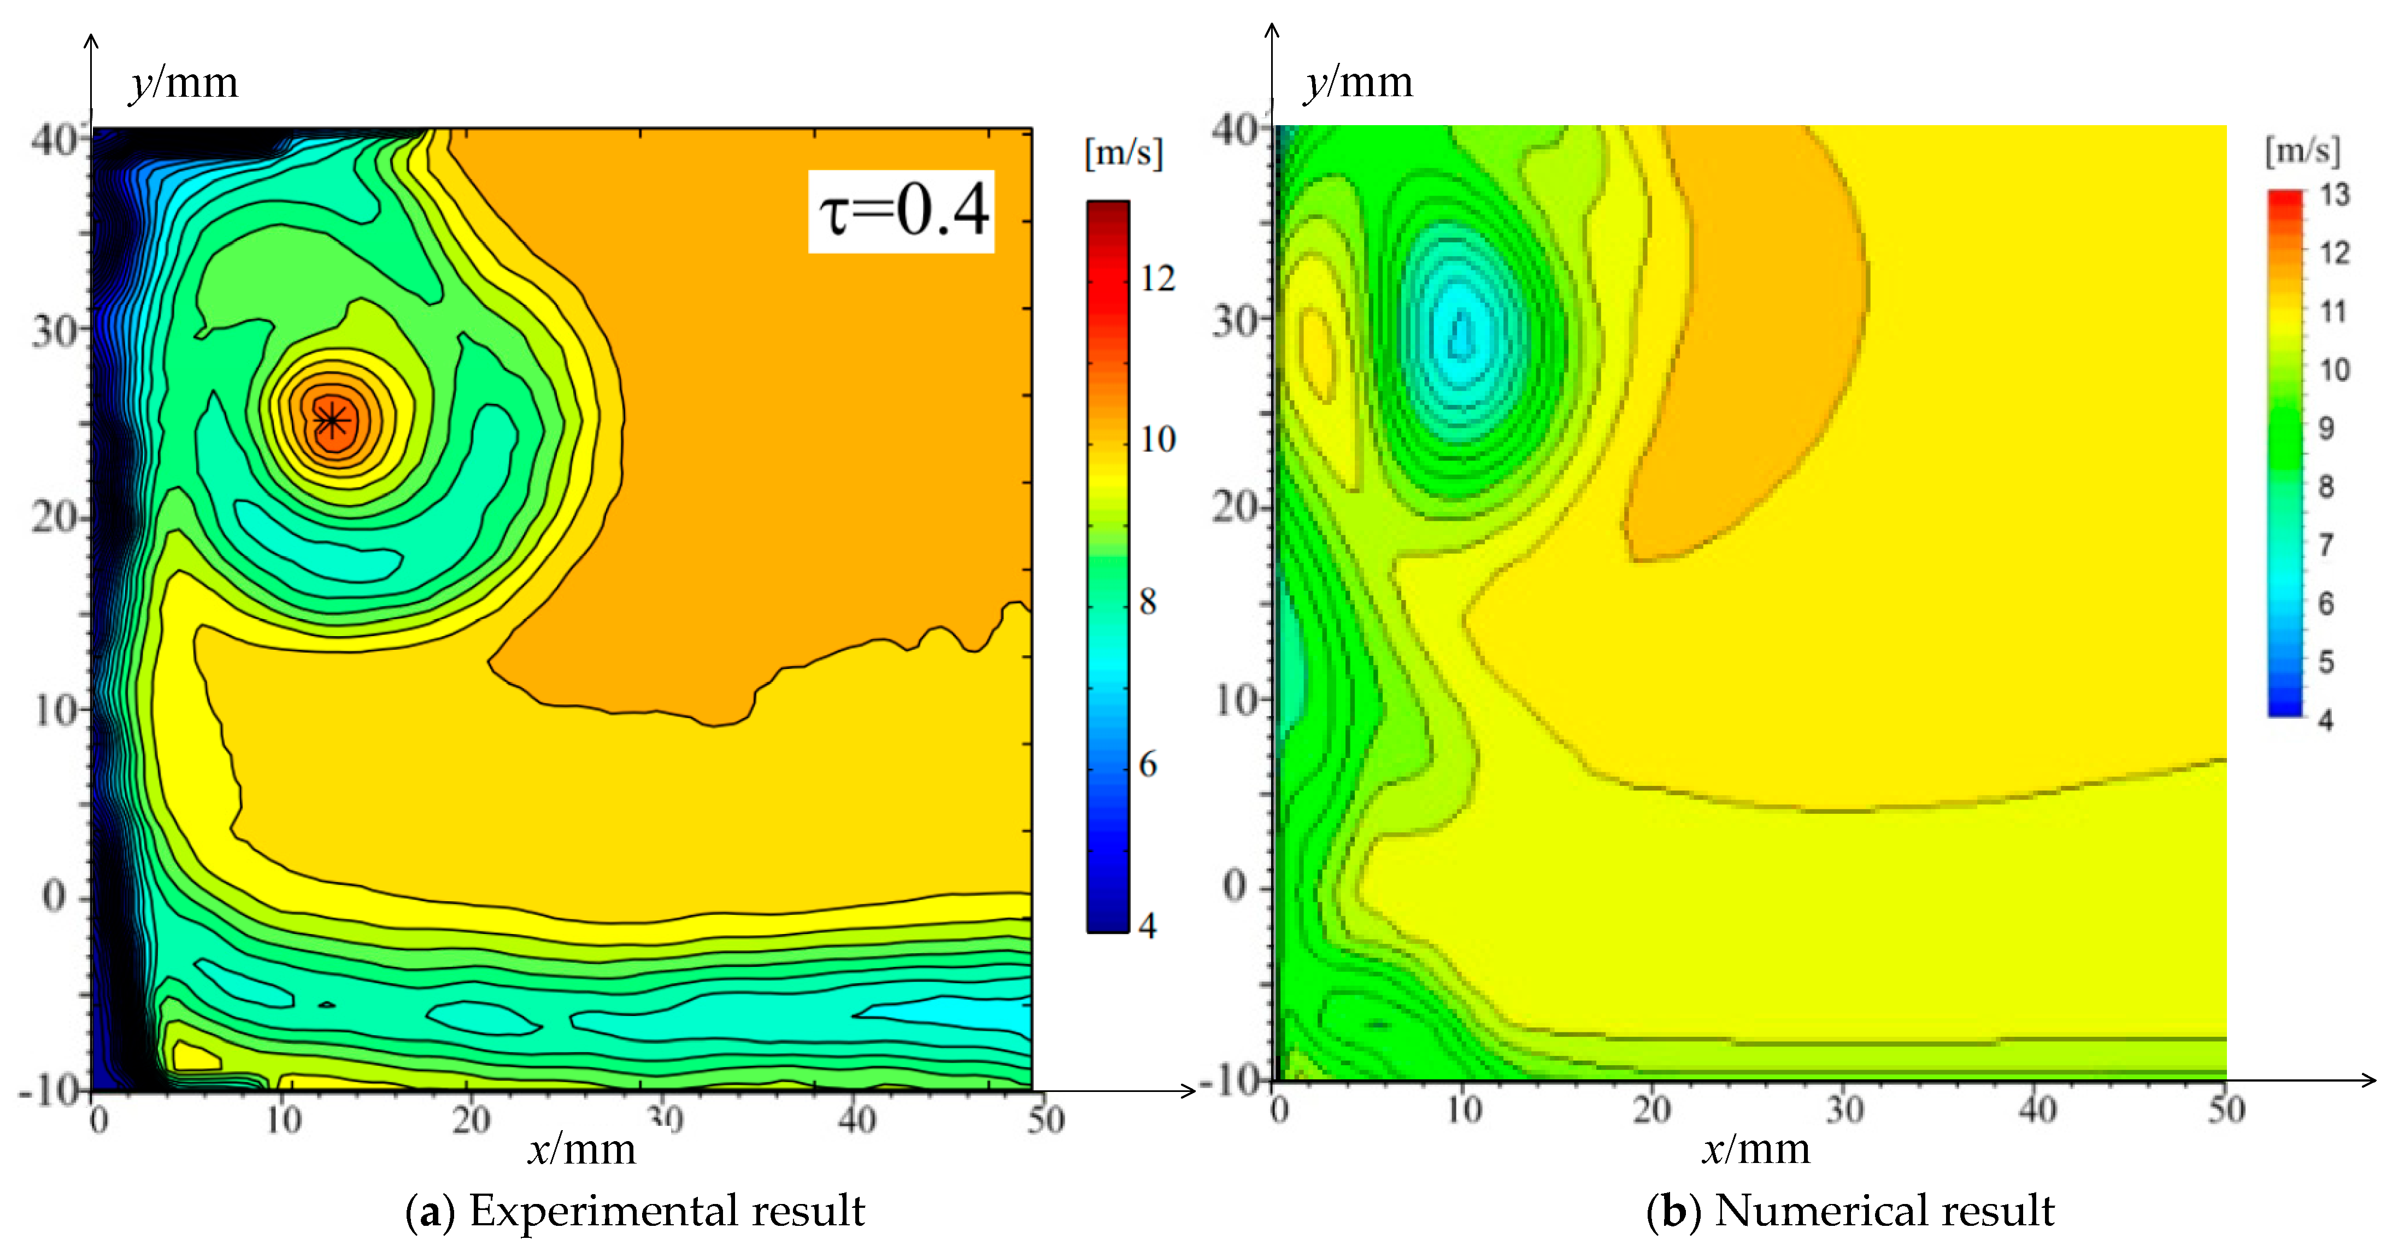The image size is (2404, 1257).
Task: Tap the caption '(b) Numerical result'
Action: pos(1850,1211)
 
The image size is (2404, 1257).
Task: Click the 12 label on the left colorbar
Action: pos(1157,278)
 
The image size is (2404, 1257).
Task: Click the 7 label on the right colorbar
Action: pos(2326,545)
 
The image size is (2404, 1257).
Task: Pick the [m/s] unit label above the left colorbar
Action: pos(1124,152)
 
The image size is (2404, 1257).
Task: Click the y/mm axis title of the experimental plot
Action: pos(184,83)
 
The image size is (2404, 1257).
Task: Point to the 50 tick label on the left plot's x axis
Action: pos(1046,1119)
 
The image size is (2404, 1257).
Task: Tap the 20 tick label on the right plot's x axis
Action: pos(1652,1109)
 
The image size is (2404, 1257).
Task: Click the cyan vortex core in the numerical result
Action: pos(1461,336)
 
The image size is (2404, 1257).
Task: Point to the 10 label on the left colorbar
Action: pos(1158,439)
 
